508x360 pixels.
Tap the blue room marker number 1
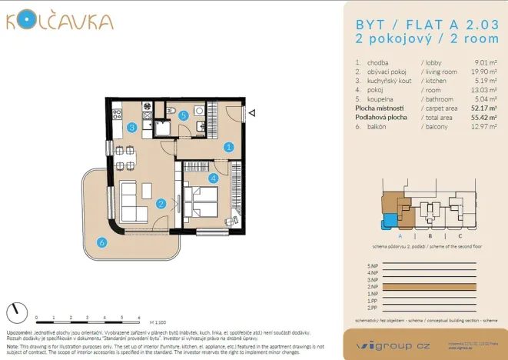point(228,146)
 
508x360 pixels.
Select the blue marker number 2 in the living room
point(161,204)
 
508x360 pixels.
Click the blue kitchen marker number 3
point(132,128)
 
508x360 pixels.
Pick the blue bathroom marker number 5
point(101,243)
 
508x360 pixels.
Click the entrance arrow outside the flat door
point(175,109)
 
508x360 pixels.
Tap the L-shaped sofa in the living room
point(15,312)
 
